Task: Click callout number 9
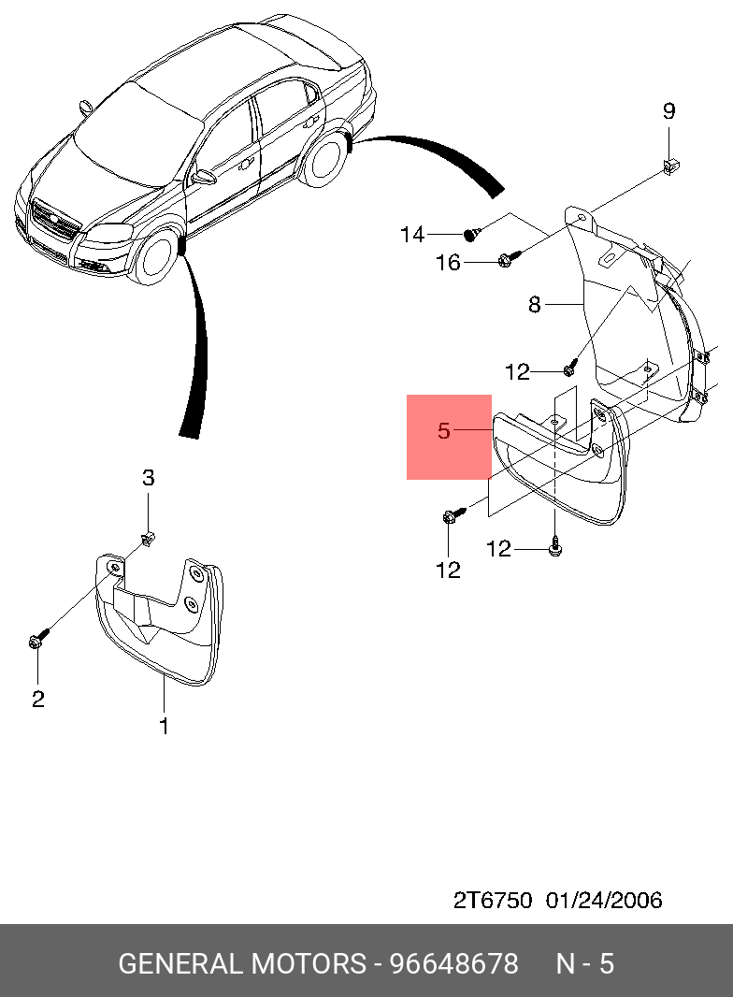click(x=668, y=111)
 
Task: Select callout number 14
click(x=412, y=235)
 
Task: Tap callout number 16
click(x=449, y=263)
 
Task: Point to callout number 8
click(x=535, y=304)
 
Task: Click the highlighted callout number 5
click(x=444, y=431)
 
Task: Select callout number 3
click(x=148, y=478)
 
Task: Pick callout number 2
click(x=37, y=699)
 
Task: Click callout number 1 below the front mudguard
click(x=164, y=725)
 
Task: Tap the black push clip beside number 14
click(x=472, y=232)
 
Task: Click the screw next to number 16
click(x=506, y=258)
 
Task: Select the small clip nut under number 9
click(x=669, y=166)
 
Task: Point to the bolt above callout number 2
click(x=36, y=642)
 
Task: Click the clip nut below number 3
click(x=148, y=537)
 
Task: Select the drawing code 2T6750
click(x=493, y=901)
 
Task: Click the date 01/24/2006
click(x=604, y=901)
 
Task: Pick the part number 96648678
click(x=453, y=963)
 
